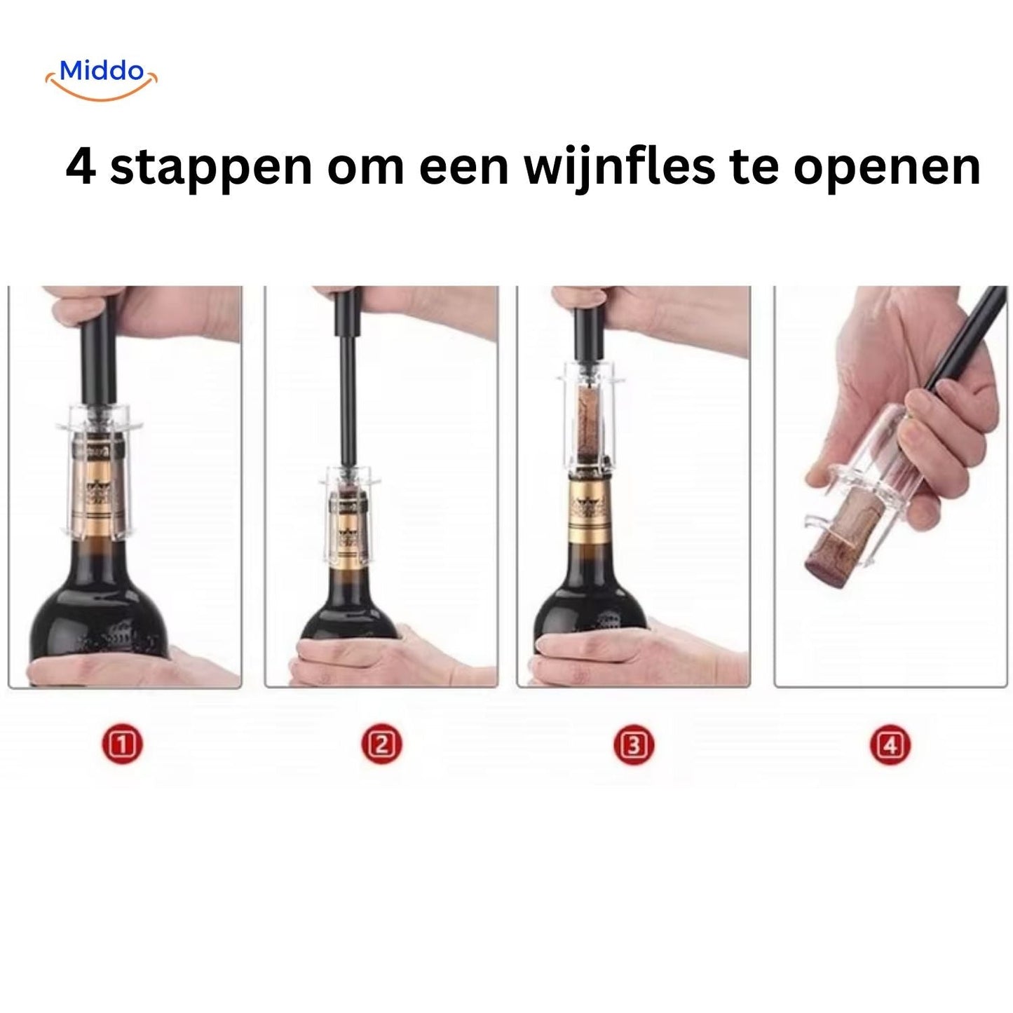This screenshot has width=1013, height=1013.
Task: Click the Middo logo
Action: point(102,79)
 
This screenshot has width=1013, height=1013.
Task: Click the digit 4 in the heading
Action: point(81,167)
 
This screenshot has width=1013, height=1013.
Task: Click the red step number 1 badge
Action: point(123,745)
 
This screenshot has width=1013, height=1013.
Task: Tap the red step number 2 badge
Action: point(381,745)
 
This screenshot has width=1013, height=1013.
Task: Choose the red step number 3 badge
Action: point(634,745)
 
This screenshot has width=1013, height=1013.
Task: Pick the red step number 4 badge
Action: point(890,745)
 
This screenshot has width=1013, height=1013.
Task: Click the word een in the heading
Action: point(464,168)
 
